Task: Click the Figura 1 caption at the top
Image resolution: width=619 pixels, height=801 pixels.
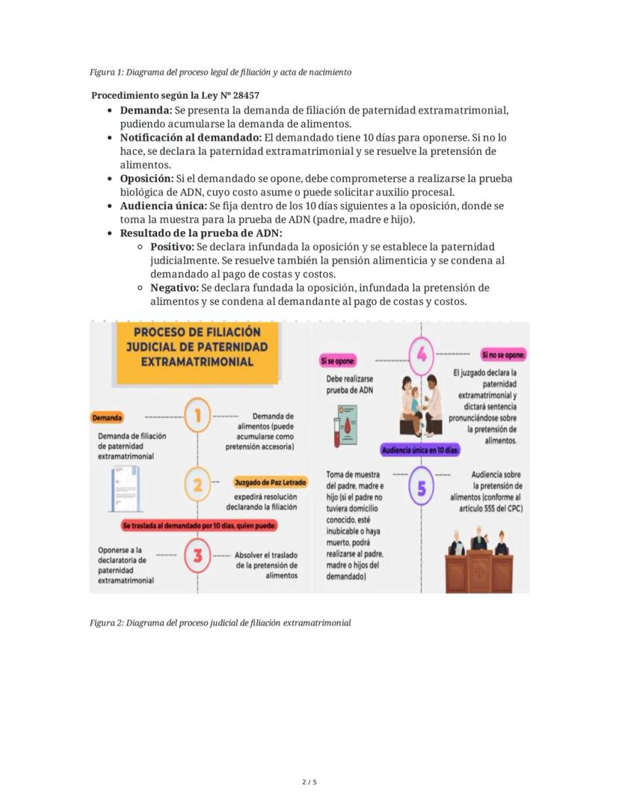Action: point(221,73)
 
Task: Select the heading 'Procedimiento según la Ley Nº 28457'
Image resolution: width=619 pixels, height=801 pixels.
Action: point(175,96)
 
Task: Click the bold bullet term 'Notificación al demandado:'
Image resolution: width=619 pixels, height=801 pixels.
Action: point(191,138)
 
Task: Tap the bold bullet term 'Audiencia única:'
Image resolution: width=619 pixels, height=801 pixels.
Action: point(163,206)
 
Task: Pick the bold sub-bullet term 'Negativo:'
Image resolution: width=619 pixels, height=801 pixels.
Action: point(174,287)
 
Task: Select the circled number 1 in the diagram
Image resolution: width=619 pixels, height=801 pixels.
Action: point(197,417)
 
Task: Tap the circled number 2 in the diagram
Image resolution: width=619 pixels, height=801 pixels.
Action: point(197,485)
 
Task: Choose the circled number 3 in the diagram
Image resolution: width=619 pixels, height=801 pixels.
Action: point(197,556)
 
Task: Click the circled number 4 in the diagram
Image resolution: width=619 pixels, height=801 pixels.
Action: point(421,355)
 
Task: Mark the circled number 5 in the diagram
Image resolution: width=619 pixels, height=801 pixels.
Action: point(422,488)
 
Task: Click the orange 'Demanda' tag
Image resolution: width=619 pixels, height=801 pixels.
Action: point(108,417)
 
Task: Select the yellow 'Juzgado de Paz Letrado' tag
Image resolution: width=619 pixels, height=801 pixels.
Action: point(270,482)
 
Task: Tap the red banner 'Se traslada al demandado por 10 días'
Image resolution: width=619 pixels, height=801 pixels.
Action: point(200,526)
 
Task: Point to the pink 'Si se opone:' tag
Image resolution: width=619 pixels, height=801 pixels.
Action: point(336,361)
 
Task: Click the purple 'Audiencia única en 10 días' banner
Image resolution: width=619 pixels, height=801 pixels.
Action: point(420,451)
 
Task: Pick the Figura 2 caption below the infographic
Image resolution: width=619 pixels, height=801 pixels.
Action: point(220,622)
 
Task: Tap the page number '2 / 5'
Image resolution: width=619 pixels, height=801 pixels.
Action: point(309,782)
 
